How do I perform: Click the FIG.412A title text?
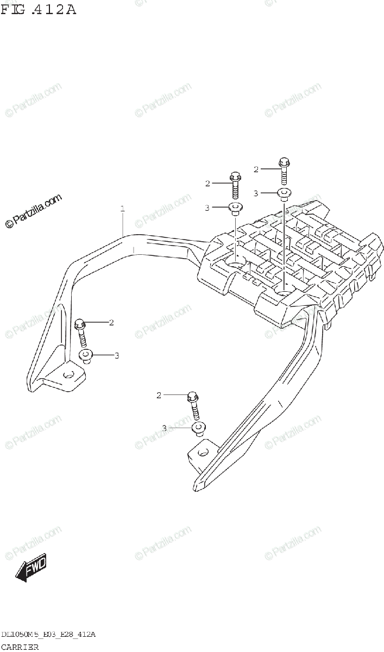38,9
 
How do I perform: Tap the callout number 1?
123,208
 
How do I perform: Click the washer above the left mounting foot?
86,356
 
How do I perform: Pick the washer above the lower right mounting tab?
198,429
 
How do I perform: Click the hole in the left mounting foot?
69,375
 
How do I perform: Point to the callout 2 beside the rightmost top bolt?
256,170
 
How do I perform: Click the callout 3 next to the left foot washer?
116,356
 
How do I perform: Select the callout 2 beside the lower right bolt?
159,395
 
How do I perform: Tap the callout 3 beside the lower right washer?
164,429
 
